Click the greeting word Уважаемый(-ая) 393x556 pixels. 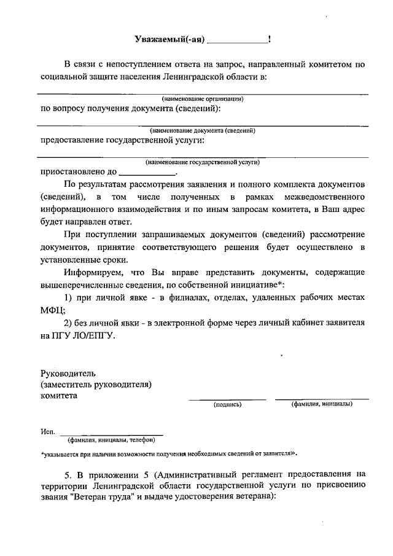pos(169,40)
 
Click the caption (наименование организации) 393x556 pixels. pos(203,98)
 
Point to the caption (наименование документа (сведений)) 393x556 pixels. pos(203,130)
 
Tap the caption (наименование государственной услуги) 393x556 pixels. pos(203,162)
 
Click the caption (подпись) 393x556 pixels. pos(227,404)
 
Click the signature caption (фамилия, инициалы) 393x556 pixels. pos(322,404)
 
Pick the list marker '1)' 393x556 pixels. pos(69,297)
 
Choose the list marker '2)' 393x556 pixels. pos(69,323)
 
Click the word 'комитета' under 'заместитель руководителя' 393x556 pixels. pos(59,396)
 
